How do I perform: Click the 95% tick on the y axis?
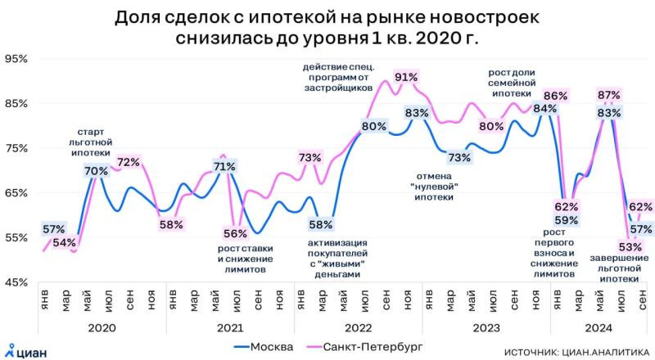click(x=16, y=59)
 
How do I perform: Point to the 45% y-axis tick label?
click(x=16, y=282)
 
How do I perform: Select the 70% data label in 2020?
click(x=96, y=171)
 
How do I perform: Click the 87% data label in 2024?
click(x=609, y=94)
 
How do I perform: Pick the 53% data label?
click(x=607, y=246)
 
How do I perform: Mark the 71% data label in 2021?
click(x=224, y=167)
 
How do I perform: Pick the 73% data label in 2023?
click(x=459, y=158)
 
